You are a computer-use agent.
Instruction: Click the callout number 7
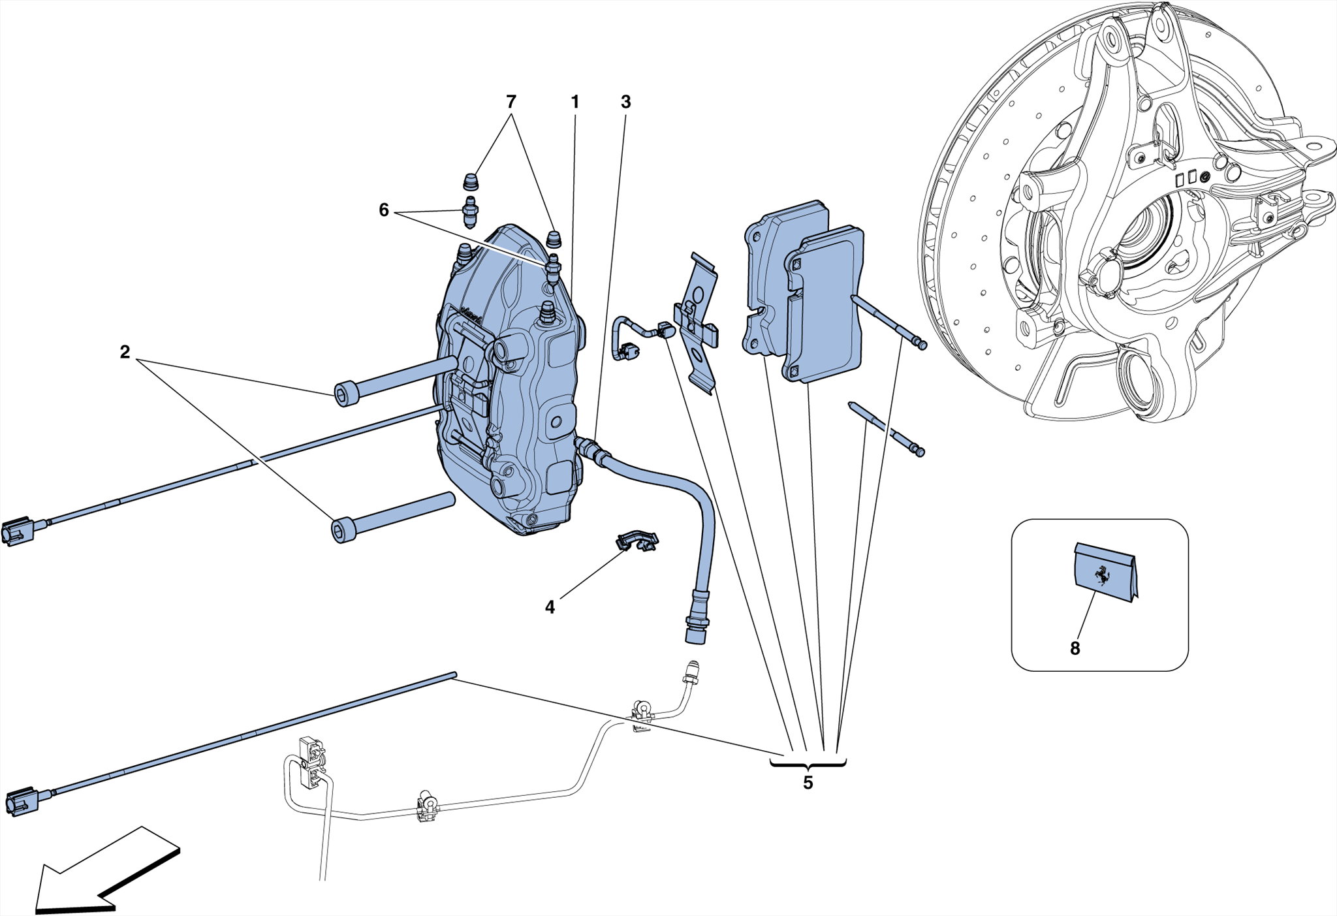(511, 102)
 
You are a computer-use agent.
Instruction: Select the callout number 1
(574, 102)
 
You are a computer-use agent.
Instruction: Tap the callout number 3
(625, 102)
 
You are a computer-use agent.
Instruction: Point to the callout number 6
(384, 210)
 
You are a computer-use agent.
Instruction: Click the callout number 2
(125, 353)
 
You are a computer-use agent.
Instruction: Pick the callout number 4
(550, 607)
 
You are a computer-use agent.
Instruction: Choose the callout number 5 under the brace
(808, 783)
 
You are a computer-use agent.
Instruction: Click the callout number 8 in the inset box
(1075, 648)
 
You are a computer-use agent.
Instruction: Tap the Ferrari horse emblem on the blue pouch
(1103, 575)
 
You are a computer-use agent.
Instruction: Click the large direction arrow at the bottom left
(98, 875)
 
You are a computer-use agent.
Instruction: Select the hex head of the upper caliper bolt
(346, 395)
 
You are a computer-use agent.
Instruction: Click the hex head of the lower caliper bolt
(343, 530)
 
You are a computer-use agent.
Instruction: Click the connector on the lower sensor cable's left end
(21, 802)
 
